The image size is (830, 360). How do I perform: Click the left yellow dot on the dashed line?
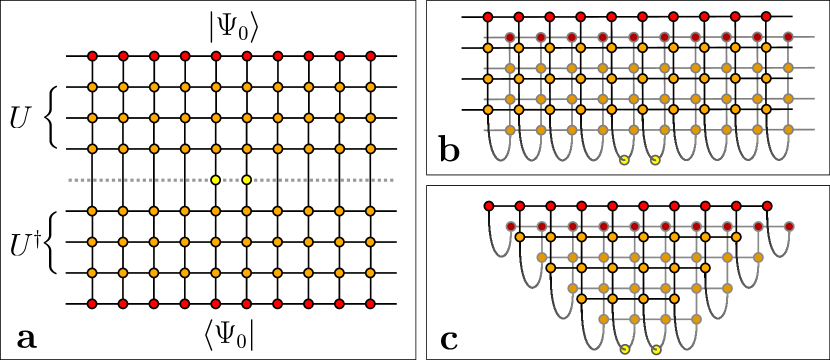point(215,180)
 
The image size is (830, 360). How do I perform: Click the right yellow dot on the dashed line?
point(247,180)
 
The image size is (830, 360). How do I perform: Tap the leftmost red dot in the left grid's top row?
point(92,56)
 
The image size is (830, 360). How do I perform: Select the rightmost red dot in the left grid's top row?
point(370,56)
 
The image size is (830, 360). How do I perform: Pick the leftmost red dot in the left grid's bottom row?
point(92,304)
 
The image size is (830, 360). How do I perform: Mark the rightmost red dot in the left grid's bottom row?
point(370,304)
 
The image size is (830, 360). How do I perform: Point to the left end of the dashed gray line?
point(69,180)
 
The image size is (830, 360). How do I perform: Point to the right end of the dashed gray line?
point(393,180)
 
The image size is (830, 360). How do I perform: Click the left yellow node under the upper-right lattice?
point(624,160)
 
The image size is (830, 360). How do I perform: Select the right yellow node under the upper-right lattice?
point(655,160)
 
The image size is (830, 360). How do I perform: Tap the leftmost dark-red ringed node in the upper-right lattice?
point(510,38)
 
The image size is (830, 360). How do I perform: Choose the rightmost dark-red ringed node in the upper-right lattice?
point(788,38)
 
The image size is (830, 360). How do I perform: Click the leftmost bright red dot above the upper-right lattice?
point(488,17)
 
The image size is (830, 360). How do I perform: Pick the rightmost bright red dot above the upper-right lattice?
point(766,17)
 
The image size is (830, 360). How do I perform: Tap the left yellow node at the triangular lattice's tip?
point(625,350)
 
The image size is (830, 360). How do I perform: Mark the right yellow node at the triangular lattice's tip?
point(656,350)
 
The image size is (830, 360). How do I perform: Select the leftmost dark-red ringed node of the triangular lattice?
point(511,227)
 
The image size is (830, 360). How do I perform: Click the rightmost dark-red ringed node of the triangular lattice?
point(789,227)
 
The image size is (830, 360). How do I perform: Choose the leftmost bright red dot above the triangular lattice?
point(489,206)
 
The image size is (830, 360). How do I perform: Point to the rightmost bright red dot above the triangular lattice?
point(767,206)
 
